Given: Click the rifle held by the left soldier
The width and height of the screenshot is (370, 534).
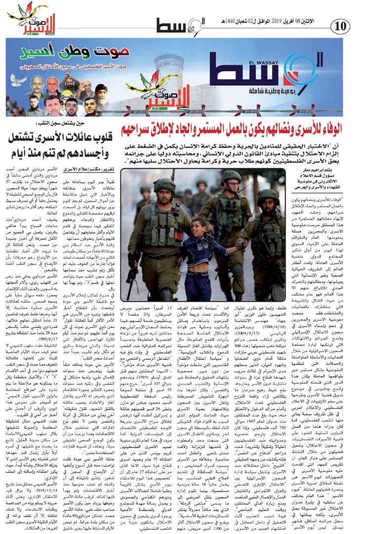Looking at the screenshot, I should [x=134, y=267].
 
